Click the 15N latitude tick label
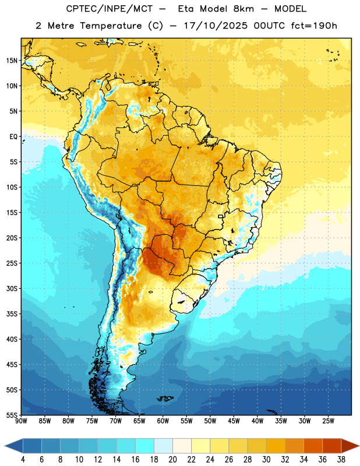click(12, 61)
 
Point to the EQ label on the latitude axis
click(13, 137)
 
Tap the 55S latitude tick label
click(12, 415)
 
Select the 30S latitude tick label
click(12, 288)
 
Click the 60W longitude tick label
click(163, 421)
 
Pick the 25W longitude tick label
click(328, 421)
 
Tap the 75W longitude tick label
click(92, 421)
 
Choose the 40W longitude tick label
click(257, 421)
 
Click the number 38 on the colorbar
click(341, 460)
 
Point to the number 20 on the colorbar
click(172, 460)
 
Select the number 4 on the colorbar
click(23, 460)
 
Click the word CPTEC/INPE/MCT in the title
click(110, 9)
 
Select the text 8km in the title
click(243, 9)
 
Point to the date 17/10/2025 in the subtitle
click(216, 26)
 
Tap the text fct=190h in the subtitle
click(314, 26)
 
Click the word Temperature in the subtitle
click(111, 26)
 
